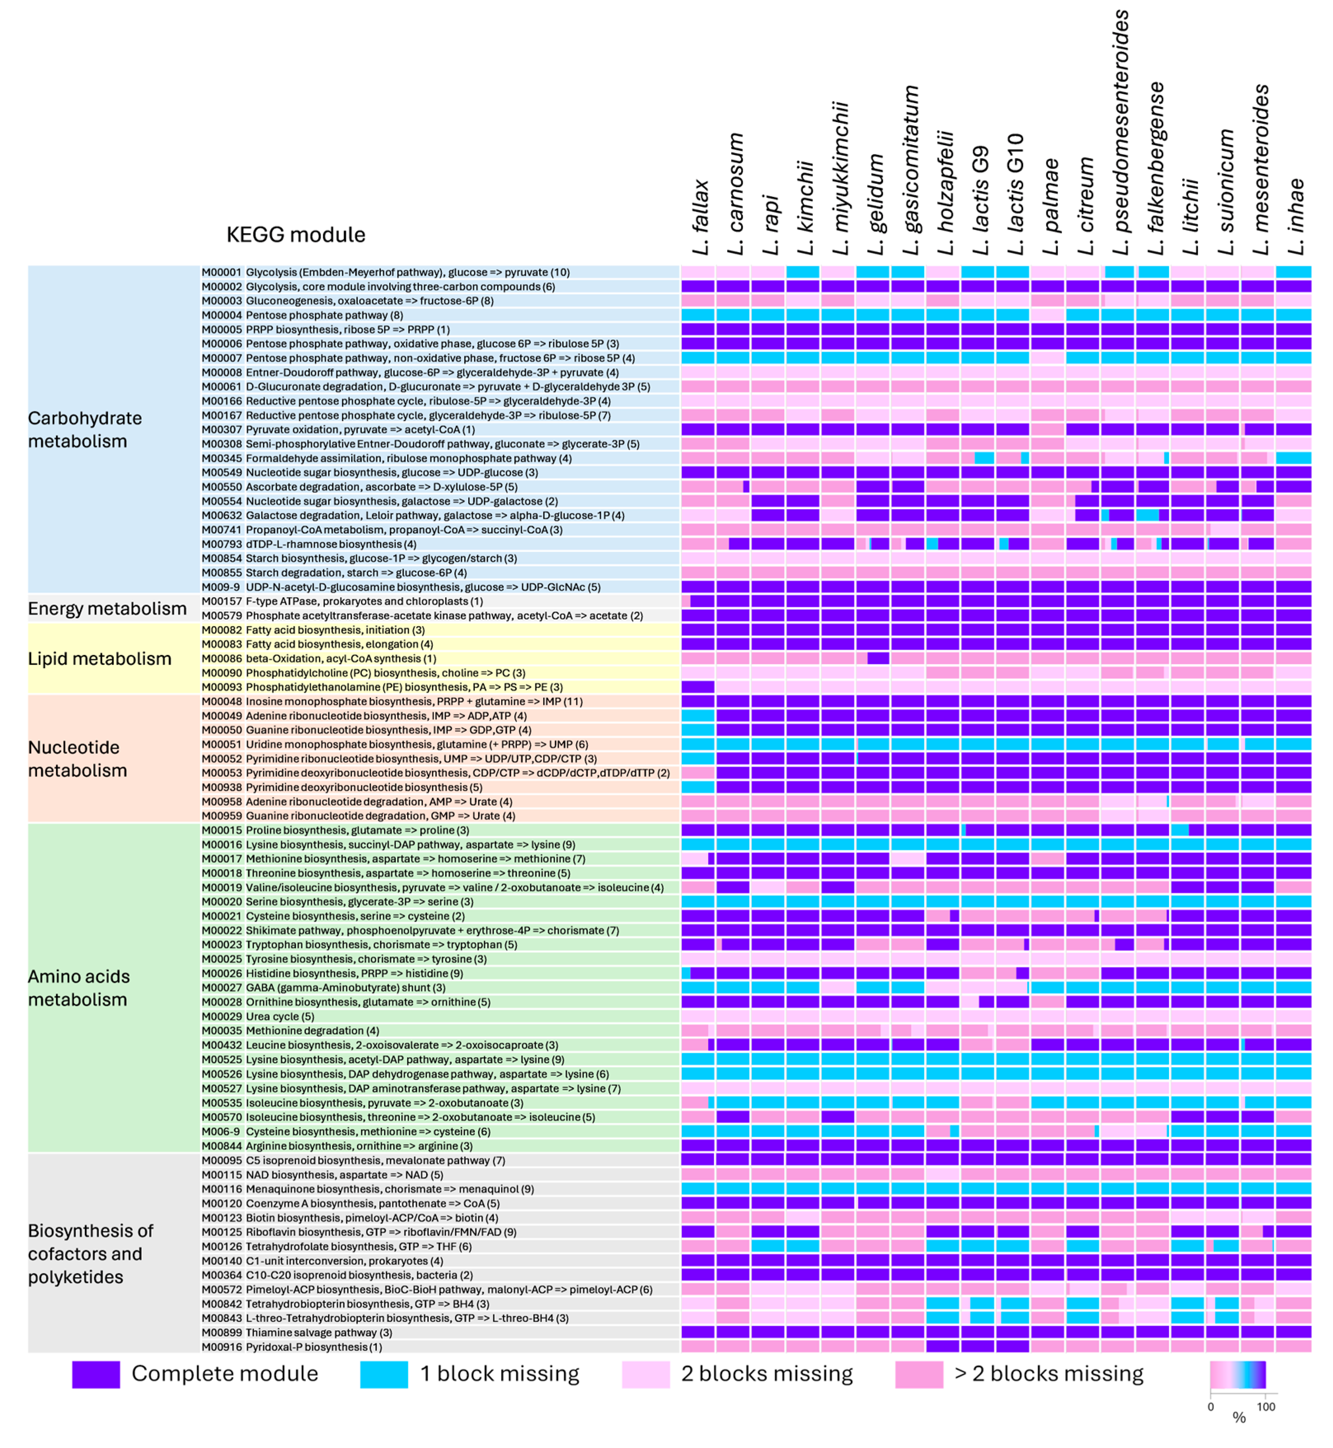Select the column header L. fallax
[700, 216]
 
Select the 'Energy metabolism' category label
[107, 608]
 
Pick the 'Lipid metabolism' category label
[100, 659]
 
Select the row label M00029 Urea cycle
[258, 1016]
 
